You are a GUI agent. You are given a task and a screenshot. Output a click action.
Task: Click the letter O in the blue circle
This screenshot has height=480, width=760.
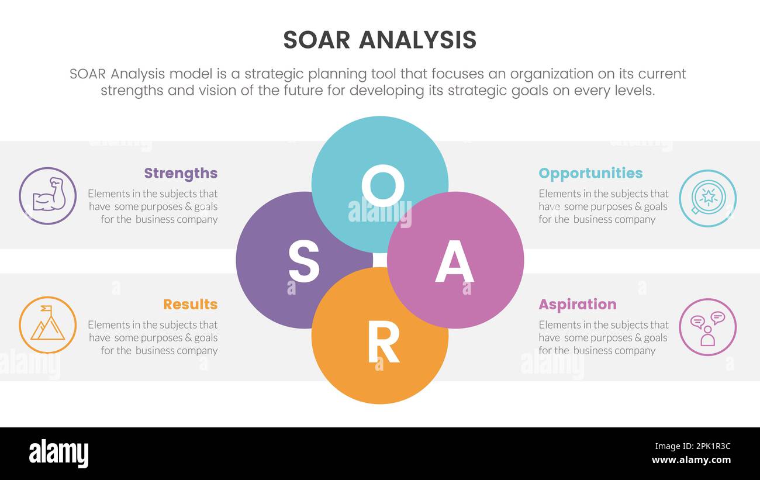pyautogui.click(x=382, y=185)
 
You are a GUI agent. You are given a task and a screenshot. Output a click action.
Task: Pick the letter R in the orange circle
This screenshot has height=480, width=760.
pyautogui.click(x=383, y=342)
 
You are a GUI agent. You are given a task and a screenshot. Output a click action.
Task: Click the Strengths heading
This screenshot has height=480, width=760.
pyautogui.click(x=181, y=173)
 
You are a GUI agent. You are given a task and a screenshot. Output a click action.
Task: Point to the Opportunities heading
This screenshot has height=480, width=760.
pyautogui.click(x=590, y=173)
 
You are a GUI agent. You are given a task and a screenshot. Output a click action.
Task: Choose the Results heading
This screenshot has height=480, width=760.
pyautogui.click(x=190, y=304)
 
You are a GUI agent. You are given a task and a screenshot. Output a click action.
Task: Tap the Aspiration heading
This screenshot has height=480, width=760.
pyautogui.click(x=577, y=304)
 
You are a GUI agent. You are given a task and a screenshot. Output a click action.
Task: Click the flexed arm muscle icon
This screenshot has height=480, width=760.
pyautogui.click(x=48, y=196)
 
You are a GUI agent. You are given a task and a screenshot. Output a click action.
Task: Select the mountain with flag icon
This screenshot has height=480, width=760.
pyautogui.click(x=48, y=324)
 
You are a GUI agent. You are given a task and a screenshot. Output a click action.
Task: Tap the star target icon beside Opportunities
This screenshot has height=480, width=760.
pyautogui.click(x=707, y=198)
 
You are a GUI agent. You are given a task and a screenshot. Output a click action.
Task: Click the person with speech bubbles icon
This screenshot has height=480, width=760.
pyautogui.click(x=707, y=327)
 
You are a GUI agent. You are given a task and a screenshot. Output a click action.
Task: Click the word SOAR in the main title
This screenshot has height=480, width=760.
pyautogui.click(x=316, y=40)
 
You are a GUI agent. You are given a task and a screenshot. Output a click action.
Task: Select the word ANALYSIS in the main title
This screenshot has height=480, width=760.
pyautogui.click(x=417, y=40)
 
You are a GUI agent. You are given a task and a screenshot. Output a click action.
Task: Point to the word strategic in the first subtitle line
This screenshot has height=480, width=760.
pyautogui.click(x=274, y=74)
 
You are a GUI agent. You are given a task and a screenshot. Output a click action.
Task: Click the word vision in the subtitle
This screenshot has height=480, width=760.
pyautogui.click(x=217, y=91)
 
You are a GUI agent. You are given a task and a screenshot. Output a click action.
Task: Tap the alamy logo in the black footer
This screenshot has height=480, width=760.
pyautogui.click(x=58, y=454)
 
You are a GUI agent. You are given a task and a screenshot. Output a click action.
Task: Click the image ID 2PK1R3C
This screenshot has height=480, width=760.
pyautogui.click(x=707, y=447)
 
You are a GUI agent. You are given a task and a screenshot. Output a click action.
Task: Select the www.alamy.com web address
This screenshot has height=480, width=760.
pyautogui.click(x=691, y=460)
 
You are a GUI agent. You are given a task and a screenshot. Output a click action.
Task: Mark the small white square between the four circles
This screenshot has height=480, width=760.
pyautogui.click(x=380, y=260)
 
